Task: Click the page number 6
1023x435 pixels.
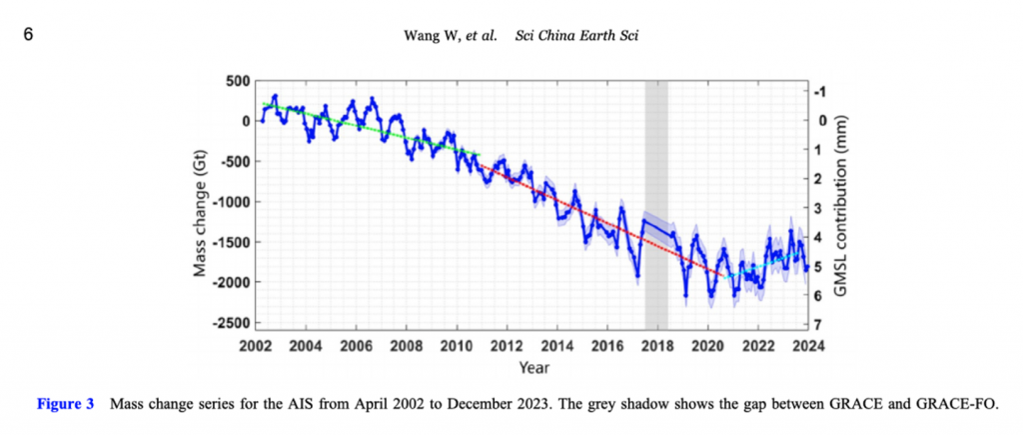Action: click(27, 34)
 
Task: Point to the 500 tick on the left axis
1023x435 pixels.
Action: click(238, 81)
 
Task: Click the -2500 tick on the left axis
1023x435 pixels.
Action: click(230, 323)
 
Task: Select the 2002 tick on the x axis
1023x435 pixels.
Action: click(255, 346)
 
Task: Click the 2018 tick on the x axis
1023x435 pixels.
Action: click(656, 346)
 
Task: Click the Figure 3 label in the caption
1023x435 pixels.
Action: click(65, 405)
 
